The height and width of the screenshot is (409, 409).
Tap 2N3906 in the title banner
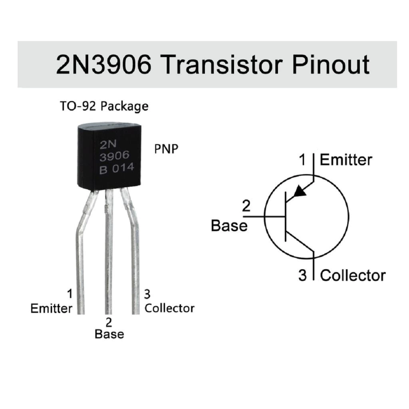tap(103, 64)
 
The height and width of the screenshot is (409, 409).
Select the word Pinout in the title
tap(330, 64)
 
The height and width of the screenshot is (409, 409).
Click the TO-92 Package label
tap(104, 106)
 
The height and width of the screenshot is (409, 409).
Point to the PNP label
tap(166, 149)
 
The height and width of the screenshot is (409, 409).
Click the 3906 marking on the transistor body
tap(115, 156)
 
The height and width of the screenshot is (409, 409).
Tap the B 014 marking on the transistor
tap(117, 168)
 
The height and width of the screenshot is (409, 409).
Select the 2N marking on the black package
tap(108, 145)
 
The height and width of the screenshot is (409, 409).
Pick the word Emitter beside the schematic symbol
tap(346, 160)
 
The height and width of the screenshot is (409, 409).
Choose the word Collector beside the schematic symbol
tap(353, 276)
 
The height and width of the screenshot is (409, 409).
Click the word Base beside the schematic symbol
tap(229, 226)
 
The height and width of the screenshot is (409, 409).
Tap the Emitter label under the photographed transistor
tap(52, 309)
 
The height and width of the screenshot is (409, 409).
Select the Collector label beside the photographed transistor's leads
tap(169, 308)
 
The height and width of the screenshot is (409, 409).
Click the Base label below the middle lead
tap(109, 334)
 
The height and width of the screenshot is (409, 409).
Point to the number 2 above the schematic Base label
tap(246, 206)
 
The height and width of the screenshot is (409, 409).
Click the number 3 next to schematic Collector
tap(302, 276)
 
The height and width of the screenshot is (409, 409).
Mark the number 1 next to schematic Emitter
tap(302, 160)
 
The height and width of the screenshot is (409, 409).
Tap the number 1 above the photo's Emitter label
tap(69, 294)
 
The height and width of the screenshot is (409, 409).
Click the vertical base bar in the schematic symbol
tap(286, 216)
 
